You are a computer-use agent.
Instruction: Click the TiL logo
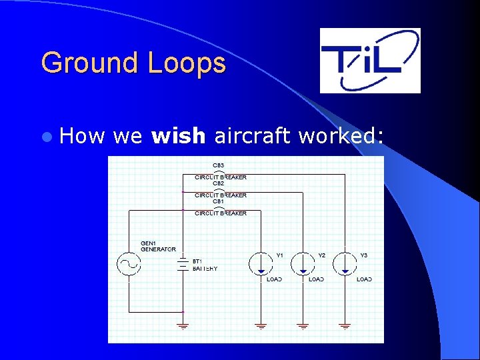[370, 60]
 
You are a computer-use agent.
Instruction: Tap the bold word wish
[179, 136]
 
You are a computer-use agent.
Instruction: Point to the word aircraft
[252, 136]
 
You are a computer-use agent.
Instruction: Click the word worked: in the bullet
[341, 136]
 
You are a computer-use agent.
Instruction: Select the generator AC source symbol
[128, 264]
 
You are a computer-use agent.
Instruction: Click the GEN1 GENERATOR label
[158, 247]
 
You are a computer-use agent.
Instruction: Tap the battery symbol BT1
[183, 265]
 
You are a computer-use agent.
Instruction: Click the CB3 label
[219, 165]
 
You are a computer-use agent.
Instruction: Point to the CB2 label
[219, 183]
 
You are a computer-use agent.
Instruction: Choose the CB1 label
[219, 201]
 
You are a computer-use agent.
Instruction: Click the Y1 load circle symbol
[261, 263]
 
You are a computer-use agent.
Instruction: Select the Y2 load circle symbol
[303, 263]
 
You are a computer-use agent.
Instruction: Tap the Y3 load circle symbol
[345, 263]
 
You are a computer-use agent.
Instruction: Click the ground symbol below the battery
[183, 327]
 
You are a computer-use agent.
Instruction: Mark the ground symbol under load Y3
[345, 327]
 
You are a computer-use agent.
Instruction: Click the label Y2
[321, 255]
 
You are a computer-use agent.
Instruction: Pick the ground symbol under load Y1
[261, 327]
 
